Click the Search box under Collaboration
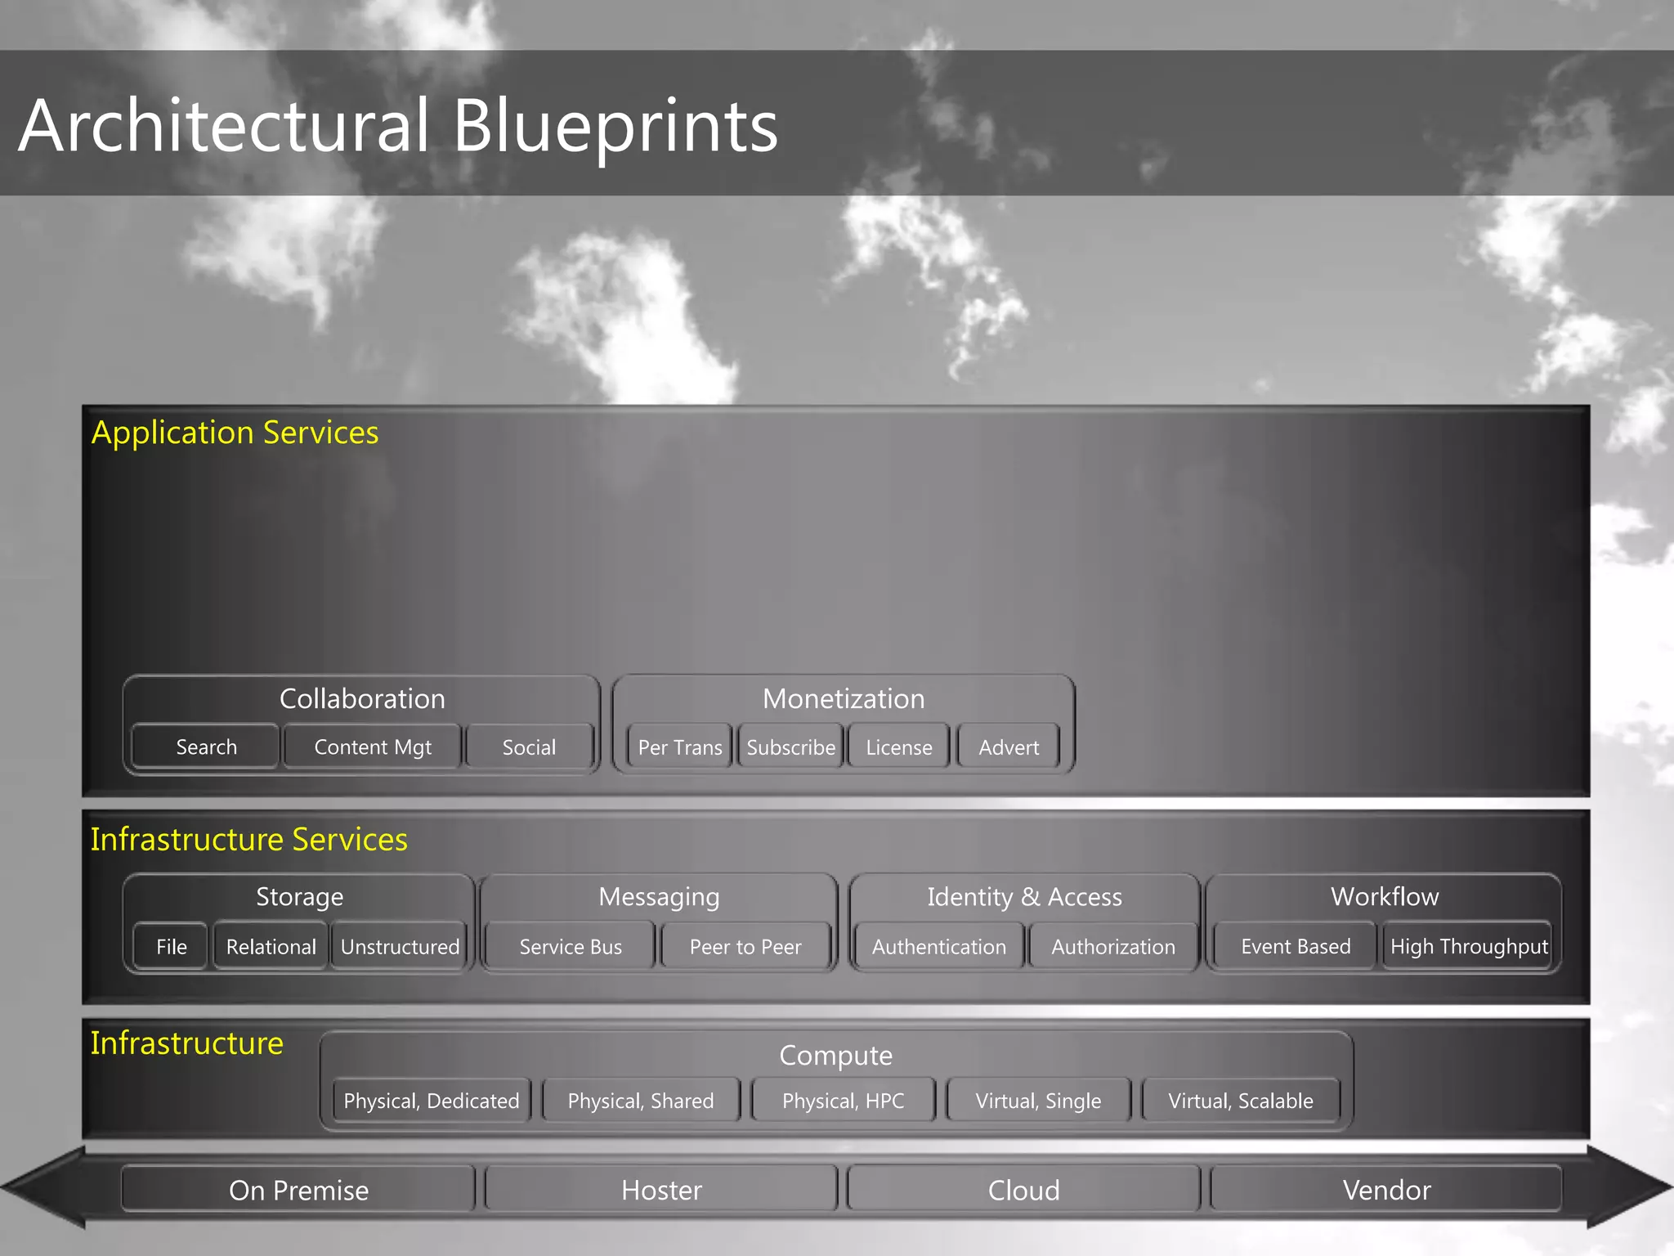[x=206, y=747]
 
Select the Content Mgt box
[x=373, y=747]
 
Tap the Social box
[x=529, y=747]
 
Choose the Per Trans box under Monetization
[x=679, y=747]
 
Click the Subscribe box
[x=790, y=747]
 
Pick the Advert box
[x=1009, y=747]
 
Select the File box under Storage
[x=171, y=946]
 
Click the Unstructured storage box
[x=400, y=946]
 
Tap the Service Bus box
[x=571, y=946]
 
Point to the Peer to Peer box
[x=745, y=946]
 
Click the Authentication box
[x=939, y=946]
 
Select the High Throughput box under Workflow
[x=1469, y=946]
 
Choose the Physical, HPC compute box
[x=843, y=1100]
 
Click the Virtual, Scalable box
[x=1240, y=1100]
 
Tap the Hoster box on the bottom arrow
[x=661, y=1189]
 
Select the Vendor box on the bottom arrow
[x=1386, y=1189]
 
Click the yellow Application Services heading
[x=235, y=432]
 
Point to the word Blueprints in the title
[x=615, y=126]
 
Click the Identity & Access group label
[x=1024, y=896]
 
